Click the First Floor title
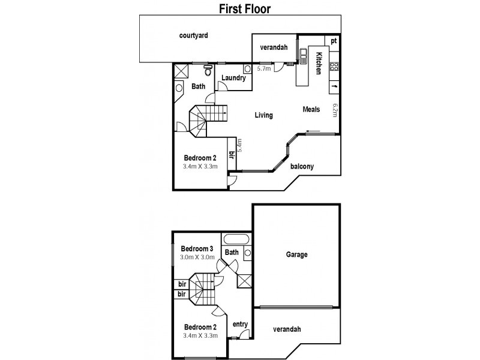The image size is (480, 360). click(245, 8)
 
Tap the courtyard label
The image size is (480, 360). click(193, 35)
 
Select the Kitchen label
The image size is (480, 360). click(319, 64)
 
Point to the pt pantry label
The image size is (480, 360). click(334, 41)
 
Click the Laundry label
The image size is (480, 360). click(233, 78)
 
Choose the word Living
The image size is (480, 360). click(263, 115)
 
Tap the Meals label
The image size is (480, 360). click(311, 109)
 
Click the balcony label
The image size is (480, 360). click(302, 166)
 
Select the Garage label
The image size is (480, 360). click(296, 254)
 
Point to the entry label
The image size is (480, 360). click(240, 324)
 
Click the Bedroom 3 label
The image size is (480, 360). click(197, 248)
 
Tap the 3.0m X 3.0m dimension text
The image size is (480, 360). click(197, 257)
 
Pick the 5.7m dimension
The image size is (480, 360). click(264, 68)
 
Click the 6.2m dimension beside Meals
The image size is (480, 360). click(335, 110)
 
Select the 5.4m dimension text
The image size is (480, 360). click(239, 145)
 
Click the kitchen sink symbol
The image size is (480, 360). click(304, 56)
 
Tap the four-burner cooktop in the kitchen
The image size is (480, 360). click(334, 67)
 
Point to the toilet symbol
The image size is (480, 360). click(208, 70)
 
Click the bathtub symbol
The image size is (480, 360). click(236, 239)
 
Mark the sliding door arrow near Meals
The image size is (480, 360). click(313, 132)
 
